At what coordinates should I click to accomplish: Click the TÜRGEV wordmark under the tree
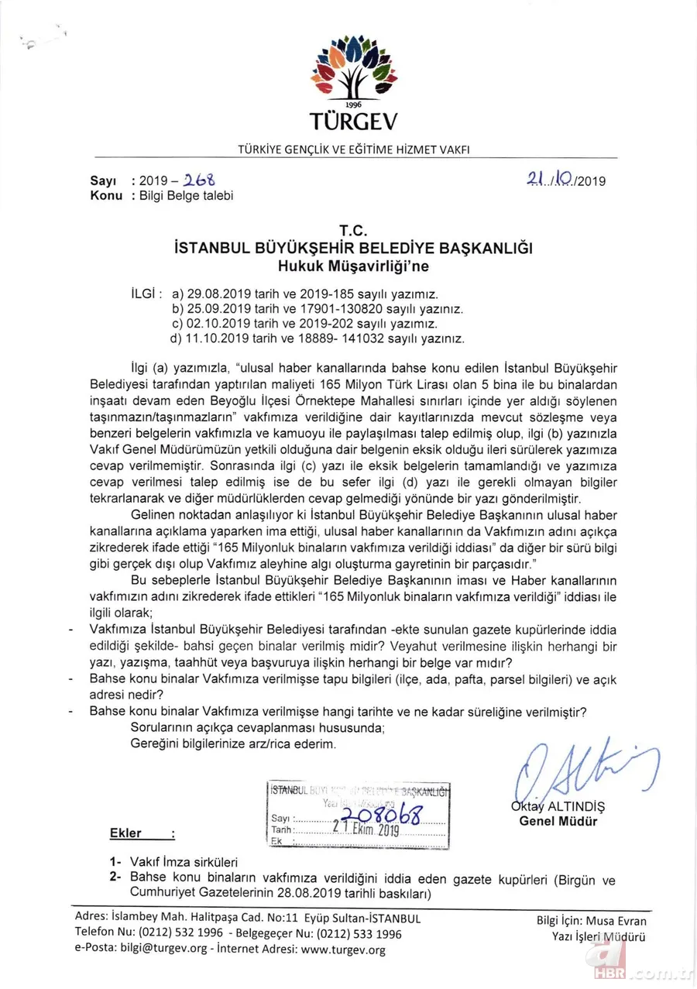coord(353,122)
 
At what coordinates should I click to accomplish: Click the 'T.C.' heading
coord(353,231)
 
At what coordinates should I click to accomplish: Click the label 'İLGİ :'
coord(147,294)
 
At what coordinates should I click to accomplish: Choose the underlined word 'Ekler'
coord(125,834)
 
